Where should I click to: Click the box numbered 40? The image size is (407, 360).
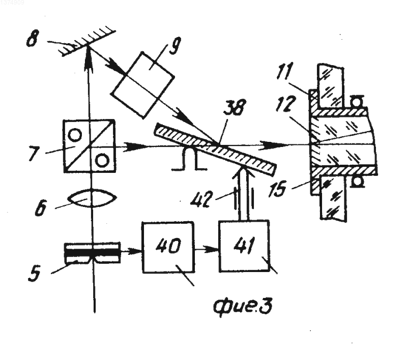pyautogui.click(x=168, y=247)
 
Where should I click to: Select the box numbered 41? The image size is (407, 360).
pyautogui.click(x=244, y=246)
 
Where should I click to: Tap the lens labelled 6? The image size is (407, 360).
pyautogui.click(x=92, y=198)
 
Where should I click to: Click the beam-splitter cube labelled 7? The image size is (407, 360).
pyautogui.click(x=89, y=146)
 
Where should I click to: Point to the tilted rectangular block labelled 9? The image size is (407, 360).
pyautogui.click(x=143, y=85)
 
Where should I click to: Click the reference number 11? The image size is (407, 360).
pyautogui.click(x=285, y=71)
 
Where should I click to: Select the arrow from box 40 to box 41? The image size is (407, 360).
pyautogui.click(x=207, y=250)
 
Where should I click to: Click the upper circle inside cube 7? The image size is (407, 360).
pyautogui.click(x=75, y=135)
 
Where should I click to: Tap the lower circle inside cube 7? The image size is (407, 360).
pyautogui.click(x=102, y=160)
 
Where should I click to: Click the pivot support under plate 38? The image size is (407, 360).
pyautogui.click(x=189, y=159)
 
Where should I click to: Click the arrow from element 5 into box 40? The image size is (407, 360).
pyautogui.click(x=131, y=251)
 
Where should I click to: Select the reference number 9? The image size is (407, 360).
pyautogui.click(x=175, y=46)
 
